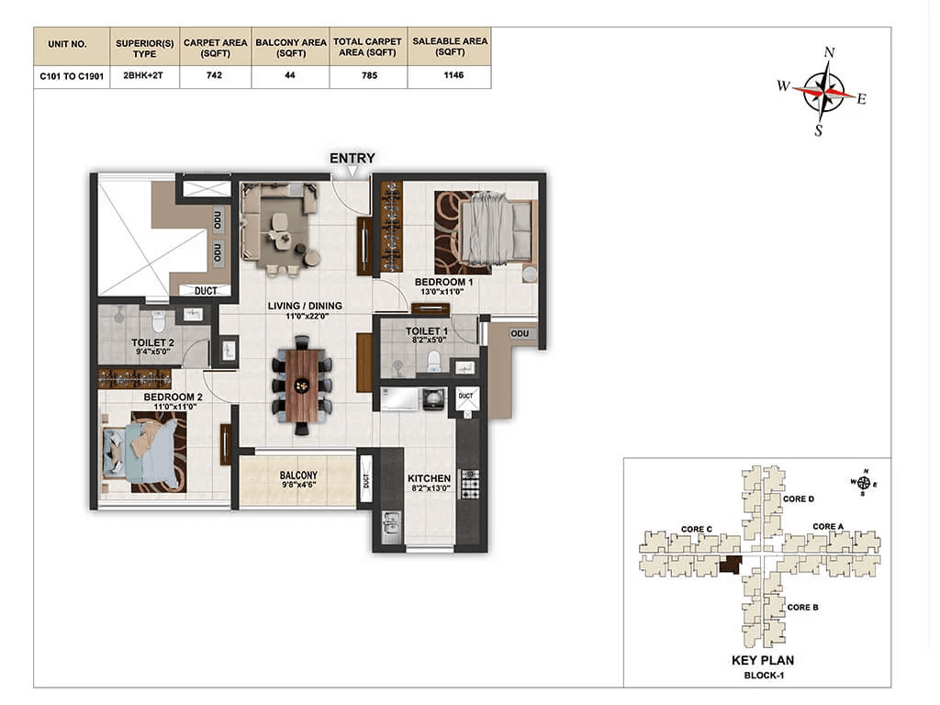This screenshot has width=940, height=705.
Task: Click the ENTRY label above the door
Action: [x=352, y=158]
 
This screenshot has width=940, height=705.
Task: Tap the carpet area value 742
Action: [x=214, y=75]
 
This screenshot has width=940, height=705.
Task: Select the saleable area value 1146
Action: [x=453, y=75]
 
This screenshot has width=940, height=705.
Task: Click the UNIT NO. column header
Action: [x=68, y=44]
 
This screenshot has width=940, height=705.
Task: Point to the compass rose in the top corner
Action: [x=824, y=92]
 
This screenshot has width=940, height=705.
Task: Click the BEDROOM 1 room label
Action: [x=443, y=282]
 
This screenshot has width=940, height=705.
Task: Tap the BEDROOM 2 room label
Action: [x=173, y=397]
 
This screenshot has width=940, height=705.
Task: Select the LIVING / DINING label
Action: [x=305, y=306]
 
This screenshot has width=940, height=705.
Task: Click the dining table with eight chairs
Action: [x=302, y=386]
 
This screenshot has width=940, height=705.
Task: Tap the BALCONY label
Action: [x=298, y=475]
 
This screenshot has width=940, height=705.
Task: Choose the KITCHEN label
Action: [x=430, y=478]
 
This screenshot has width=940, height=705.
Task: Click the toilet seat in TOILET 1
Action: [x=433, y=362]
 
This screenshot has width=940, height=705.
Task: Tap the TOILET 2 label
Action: [x=153, y=343]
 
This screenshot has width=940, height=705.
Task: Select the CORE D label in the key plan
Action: [x=799, y=498]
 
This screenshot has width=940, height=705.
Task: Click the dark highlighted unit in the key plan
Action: [x=731, y=565]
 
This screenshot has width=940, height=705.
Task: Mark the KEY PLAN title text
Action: [x=763, y=661]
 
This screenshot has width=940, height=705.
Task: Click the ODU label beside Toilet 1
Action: [x=520, y=333]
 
